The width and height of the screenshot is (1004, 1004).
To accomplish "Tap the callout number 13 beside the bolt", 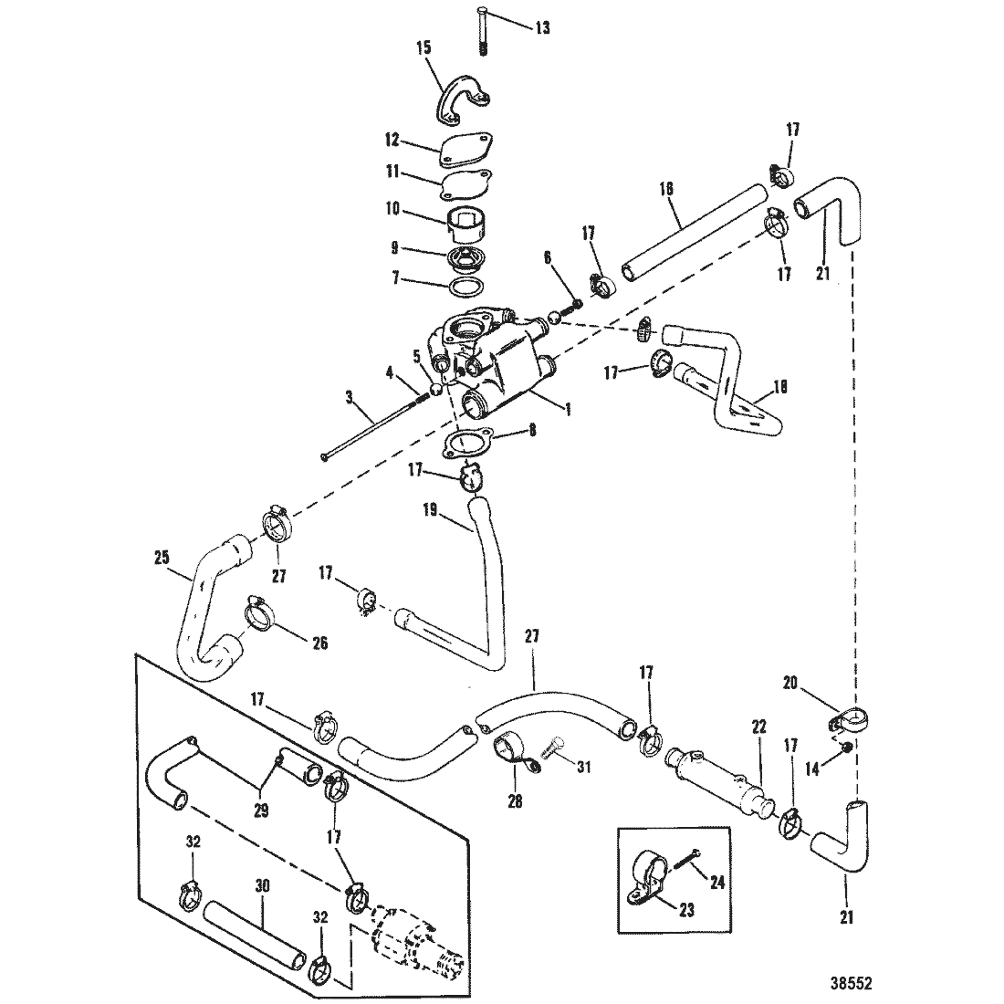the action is (542, 28).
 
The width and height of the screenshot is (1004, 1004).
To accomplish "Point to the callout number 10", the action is (392, 208).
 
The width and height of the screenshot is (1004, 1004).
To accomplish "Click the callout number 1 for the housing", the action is (567, 408).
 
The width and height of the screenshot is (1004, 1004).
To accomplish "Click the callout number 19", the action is (431, 510).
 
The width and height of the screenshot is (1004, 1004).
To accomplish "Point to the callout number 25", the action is (162, 557).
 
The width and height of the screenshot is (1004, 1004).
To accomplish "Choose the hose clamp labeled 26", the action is (258, 613).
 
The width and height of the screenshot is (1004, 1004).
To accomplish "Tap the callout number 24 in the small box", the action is (716, 883).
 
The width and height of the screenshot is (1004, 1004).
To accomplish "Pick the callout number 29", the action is (261, 810).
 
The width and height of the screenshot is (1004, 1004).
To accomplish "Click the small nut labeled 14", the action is (846, 747).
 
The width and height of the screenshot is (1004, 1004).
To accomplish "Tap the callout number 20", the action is (790, 684).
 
